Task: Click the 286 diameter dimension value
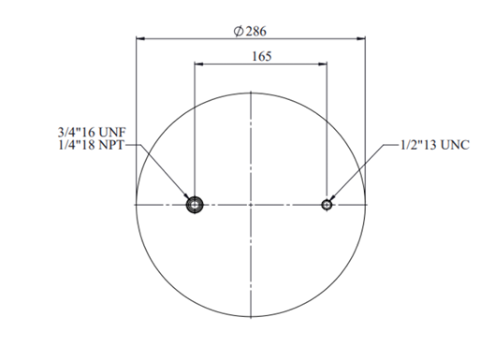click(255, 32)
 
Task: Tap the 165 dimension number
click(262, 56)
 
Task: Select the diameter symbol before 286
click(239, 31)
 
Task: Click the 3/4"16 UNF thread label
click(92, 132)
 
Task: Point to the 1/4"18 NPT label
click(91, 145)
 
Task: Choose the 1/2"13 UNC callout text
click(435, 145)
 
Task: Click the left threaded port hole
click(195, 205)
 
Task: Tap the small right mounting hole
click(327, 205)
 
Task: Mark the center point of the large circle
click(251, 205)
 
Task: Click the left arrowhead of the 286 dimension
click(140, 38)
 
